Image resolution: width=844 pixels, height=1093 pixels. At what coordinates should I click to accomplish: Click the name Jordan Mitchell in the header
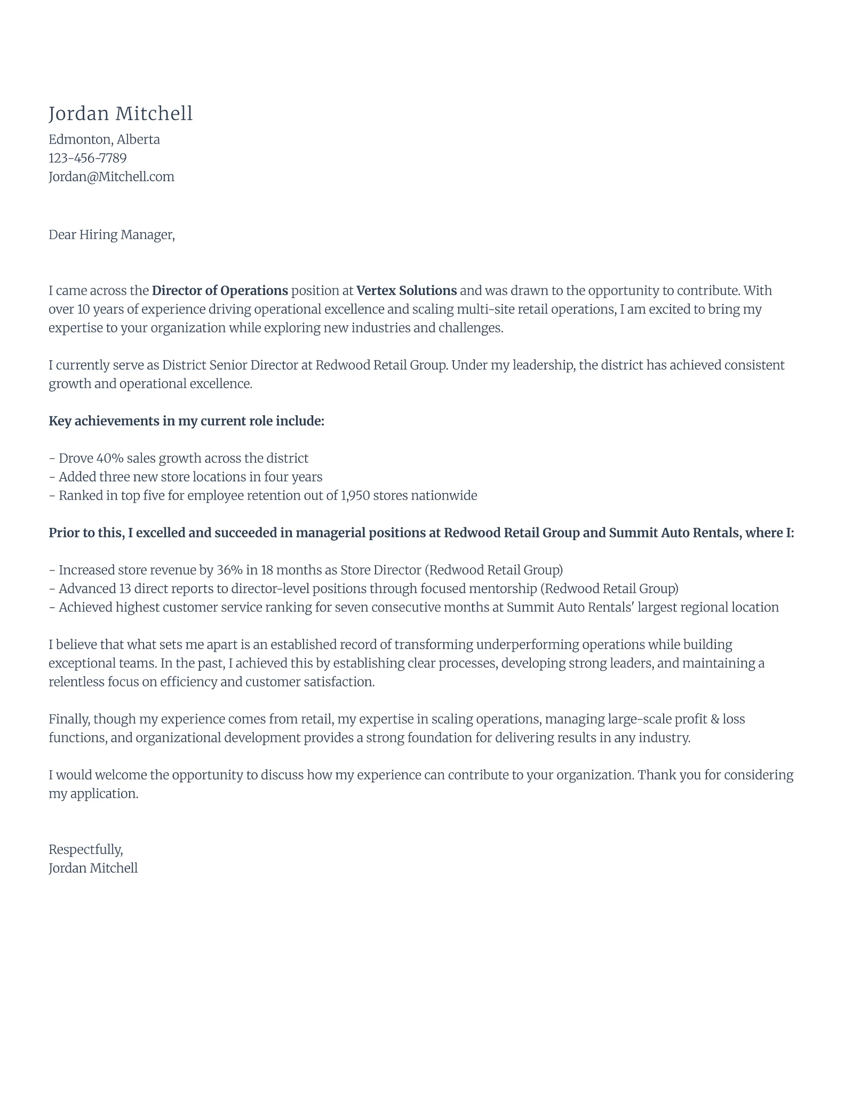(121, 114)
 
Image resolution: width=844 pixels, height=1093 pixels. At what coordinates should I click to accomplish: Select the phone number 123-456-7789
(87, 158)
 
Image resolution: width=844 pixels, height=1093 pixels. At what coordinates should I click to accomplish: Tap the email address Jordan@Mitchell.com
(112, 177)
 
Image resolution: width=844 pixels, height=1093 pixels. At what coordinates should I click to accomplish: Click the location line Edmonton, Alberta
(104, 139)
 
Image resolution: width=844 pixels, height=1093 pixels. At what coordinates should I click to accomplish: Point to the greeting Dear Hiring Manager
(112, 235)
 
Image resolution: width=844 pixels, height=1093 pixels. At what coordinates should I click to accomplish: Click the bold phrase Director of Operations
(220, 291)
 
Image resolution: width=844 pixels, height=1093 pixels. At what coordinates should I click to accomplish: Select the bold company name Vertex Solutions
(406, 291)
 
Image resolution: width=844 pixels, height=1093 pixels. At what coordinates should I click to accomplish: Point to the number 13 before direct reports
(125, 589)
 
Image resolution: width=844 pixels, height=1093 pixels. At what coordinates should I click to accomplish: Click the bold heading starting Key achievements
(186, 421)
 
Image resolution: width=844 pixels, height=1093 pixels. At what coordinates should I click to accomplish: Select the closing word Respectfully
(85, 850)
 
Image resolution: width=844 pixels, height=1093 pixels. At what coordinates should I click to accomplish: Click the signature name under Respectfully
(93, 868)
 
